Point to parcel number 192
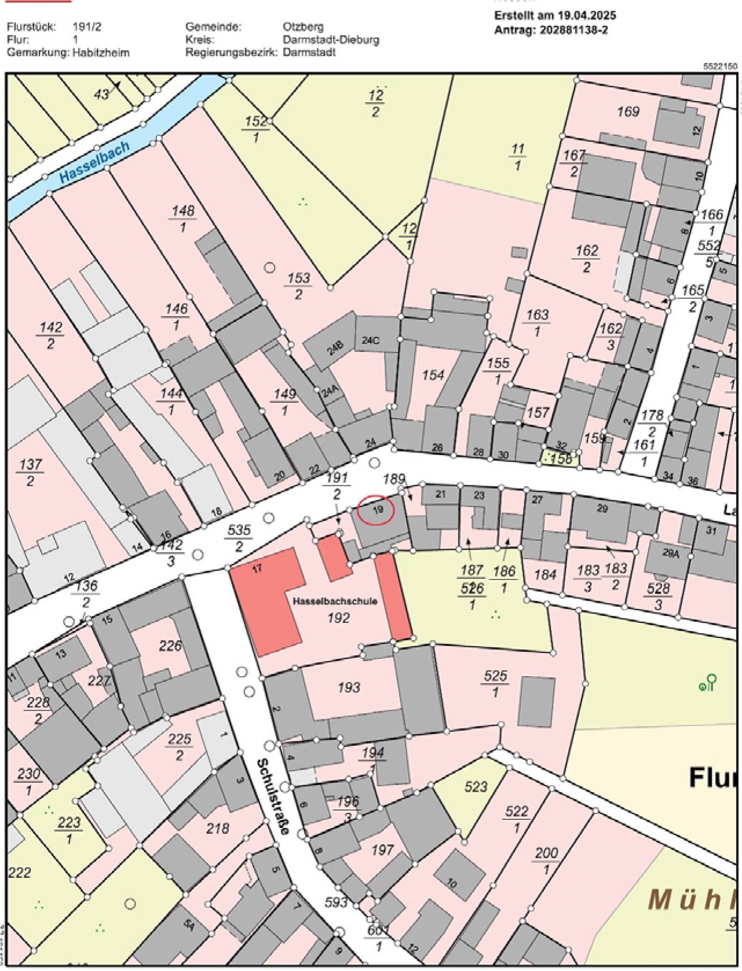(x=339, y=618)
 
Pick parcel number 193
(x=349, y=687)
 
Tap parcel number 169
(x=628, y=111)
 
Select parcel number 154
(x=433, y=375)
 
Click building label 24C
(x=370, y=340)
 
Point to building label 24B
(x=334, y=349)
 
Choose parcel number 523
(x=476, y=786)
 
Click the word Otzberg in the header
(x=303, y=27)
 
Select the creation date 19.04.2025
(x=586, y=15)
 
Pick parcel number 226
(x=170, y=646)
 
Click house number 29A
(x=670, y=553)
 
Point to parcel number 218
(x=218, y=828)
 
